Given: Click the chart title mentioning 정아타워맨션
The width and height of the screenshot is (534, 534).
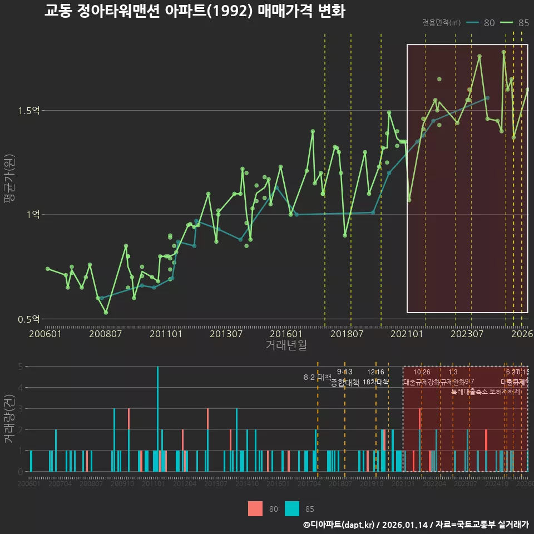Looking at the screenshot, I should coord(195,11).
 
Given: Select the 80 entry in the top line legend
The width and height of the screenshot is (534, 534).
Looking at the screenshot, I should coord(482,23).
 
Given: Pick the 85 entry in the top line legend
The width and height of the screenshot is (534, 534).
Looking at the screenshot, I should coord(515,23).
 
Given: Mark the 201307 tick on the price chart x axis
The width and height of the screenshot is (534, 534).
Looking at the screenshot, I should coord(226,334).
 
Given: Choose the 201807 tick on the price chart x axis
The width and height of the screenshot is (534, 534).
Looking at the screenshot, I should coord(347,334).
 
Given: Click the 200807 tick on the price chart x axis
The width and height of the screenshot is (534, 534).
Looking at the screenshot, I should coord(106,334).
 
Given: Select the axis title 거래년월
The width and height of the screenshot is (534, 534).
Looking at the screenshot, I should coord(286,345).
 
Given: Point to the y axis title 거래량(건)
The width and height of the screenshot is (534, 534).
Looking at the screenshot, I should coord(9,418).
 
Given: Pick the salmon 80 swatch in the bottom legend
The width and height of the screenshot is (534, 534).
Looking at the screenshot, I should coord(255,508).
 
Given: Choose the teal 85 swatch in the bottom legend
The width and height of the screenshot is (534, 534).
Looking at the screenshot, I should coord(292,508).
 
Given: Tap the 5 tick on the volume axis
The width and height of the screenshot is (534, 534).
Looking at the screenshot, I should coord(20,367).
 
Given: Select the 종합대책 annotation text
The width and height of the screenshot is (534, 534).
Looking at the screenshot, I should coord(345,383).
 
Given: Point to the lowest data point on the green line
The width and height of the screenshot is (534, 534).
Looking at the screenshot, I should coord(106,313).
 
